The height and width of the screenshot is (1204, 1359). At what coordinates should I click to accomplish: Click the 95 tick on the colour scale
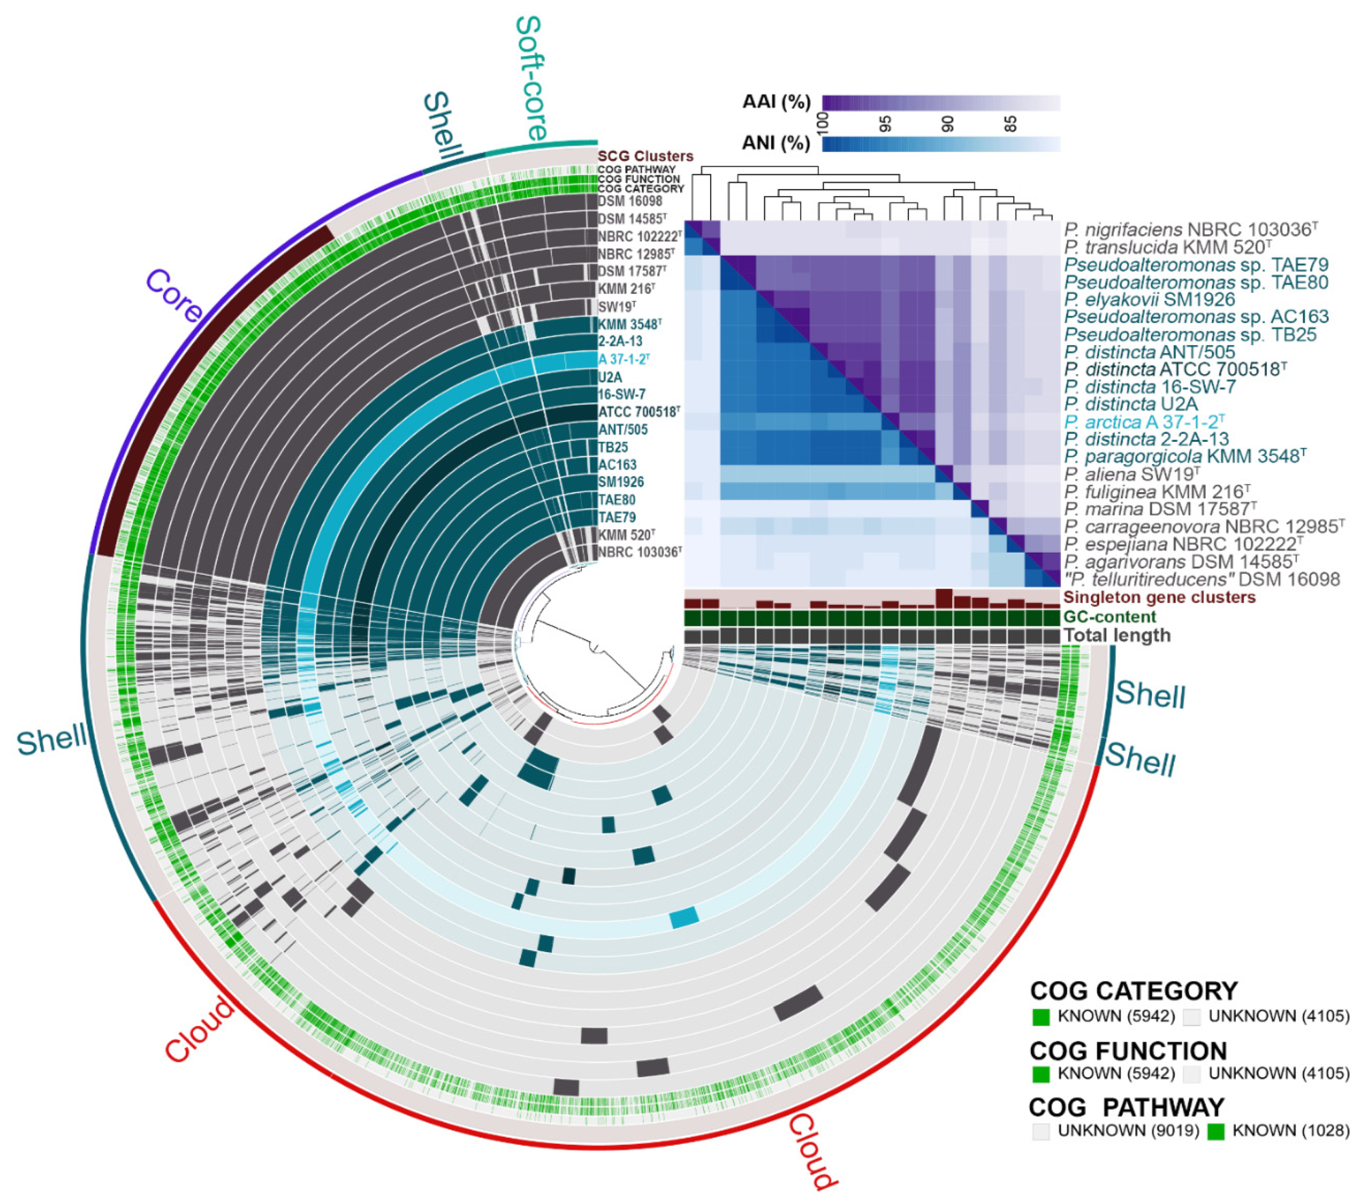point(886,123)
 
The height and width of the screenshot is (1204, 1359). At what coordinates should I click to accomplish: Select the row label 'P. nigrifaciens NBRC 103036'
point(1191,230)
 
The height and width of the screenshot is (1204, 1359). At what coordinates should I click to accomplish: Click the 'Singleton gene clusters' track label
point(1160,597)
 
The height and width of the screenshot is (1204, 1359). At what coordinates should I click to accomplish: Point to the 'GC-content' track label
point(1110,616)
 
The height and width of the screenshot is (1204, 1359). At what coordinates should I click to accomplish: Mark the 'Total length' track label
point(1117,635)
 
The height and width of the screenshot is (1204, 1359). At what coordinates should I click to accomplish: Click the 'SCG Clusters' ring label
point(645,156)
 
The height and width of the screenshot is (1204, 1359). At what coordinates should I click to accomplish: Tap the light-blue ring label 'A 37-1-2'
point(623,360)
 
